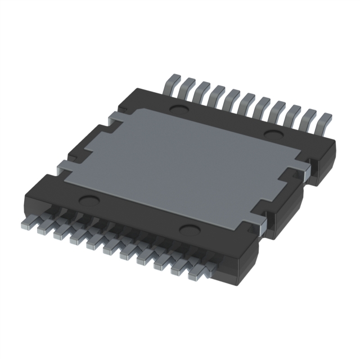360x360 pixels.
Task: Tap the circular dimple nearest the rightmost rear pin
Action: (x=274, y=134)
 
